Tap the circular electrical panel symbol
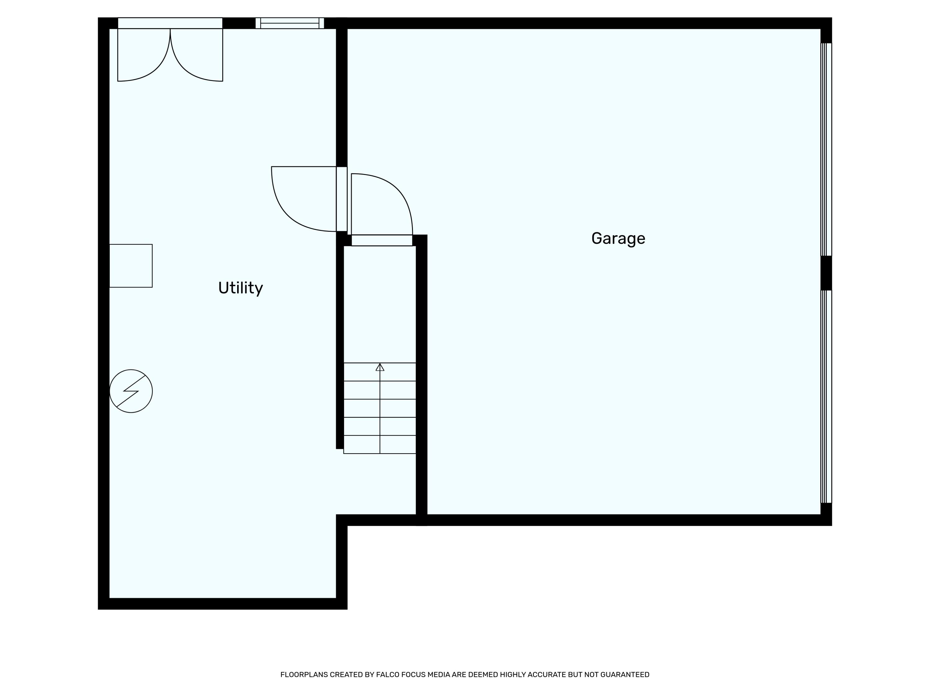(131, 391)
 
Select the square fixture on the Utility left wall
(131, 266)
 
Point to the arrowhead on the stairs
(380, 367)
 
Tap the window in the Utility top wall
(290, 23)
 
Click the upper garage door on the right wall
(826, 149)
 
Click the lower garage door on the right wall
(826, 396)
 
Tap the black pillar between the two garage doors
(826, 273)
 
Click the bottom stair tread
(380, 444)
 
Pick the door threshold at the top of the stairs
(382, 240)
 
